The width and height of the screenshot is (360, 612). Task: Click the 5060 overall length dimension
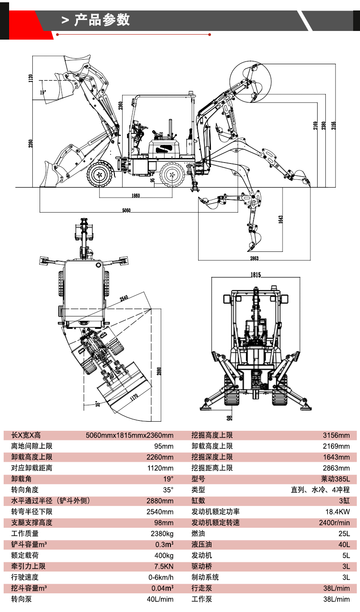coord(127,210)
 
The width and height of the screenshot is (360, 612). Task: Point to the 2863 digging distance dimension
coord(254,258)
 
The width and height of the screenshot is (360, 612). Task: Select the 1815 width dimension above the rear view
coord(255,275)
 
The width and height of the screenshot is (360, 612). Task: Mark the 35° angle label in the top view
coord(98,403)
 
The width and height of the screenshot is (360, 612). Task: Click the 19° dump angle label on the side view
coord(43,92)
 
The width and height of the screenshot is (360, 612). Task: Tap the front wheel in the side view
coord(99,174)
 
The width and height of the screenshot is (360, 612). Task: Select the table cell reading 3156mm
coord(336,435)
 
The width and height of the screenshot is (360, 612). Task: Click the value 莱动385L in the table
coord(335,479)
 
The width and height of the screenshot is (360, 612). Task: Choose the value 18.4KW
coord(337,512)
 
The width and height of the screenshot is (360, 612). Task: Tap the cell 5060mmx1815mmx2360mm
coord(130,435)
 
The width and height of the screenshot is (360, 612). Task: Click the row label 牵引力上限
coord(28,566)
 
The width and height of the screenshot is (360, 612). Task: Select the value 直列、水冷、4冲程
coord(320,490)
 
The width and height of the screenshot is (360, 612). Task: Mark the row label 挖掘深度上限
coord(212,457)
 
